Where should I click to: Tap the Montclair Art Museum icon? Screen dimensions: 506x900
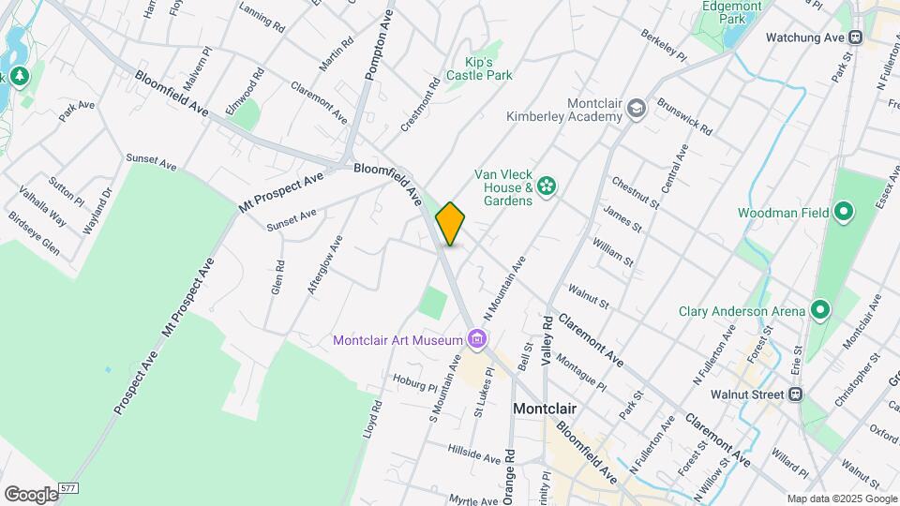coord(478,338)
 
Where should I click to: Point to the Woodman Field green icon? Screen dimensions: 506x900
coord(843,213)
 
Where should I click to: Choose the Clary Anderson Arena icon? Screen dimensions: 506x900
coord(819,310)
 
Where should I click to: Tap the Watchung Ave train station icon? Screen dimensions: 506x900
coord(855,37)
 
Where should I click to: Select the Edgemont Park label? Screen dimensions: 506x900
coord(731,11)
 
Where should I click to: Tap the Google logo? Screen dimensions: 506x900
coord(31,494)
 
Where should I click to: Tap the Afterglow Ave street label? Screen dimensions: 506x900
coord(325,265)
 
